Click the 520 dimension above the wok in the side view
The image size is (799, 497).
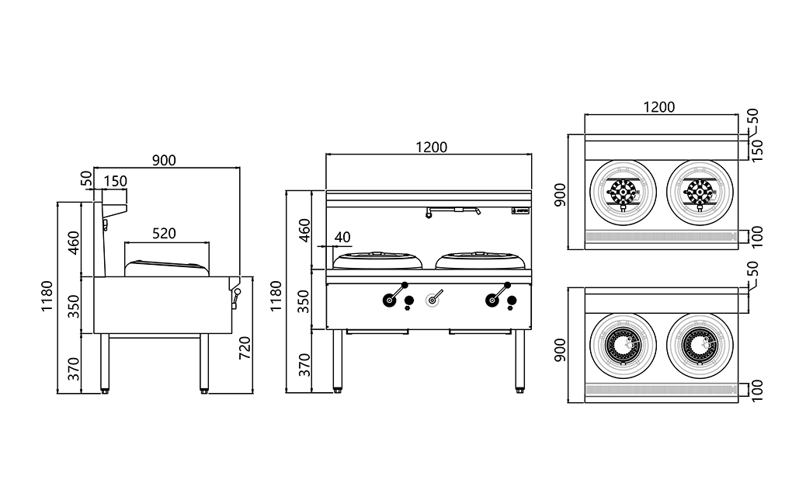pos(163,232)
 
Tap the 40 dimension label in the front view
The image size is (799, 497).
pos(342,237)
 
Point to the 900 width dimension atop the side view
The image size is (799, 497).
pos(164,161)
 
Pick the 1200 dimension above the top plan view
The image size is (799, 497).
pos(658,106)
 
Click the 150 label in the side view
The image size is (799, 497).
pos(115,181)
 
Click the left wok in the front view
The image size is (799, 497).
pos(378,259)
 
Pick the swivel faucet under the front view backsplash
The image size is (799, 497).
pos(453,210)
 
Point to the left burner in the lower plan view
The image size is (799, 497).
pos(624,346)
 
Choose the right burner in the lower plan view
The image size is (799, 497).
pos(700,346)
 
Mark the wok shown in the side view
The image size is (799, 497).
pos(168,266)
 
